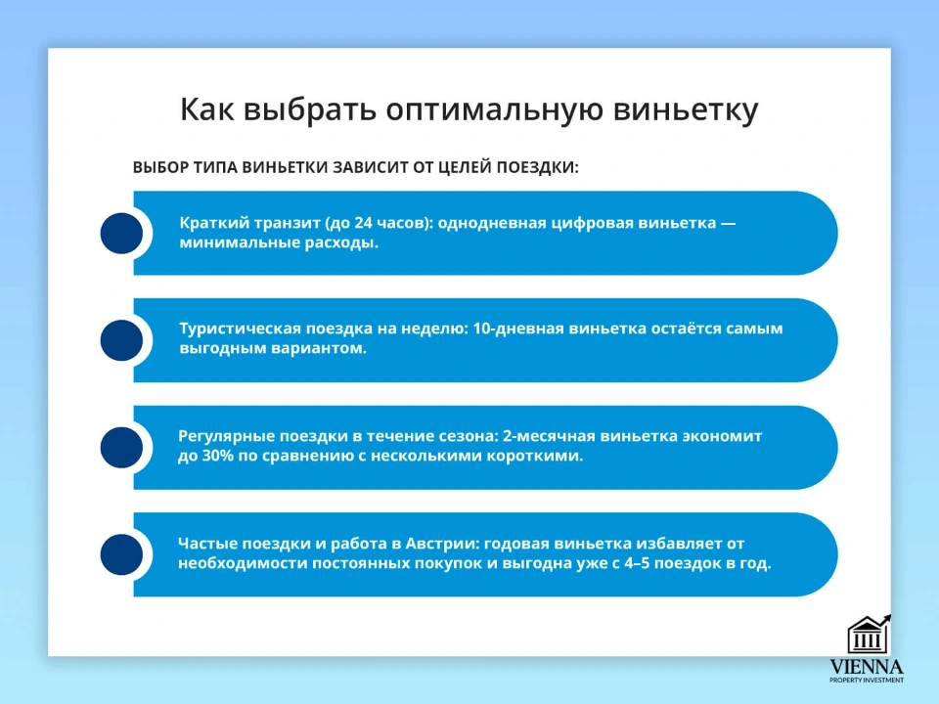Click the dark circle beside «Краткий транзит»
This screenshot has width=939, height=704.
(122, 233)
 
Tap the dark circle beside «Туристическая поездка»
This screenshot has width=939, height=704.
(122, 340)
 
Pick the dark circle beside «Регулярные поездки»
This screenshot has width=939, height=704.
(122, 448)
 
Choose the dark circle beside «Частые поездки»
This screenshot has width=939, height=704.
(122, 555)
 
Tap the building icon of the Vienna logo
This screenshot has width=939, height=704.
(867, 636)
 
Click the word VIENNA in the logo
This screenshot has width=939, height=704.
(867, 667)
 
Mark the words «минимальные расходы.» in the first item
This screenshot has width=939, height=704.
(279, 242)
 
